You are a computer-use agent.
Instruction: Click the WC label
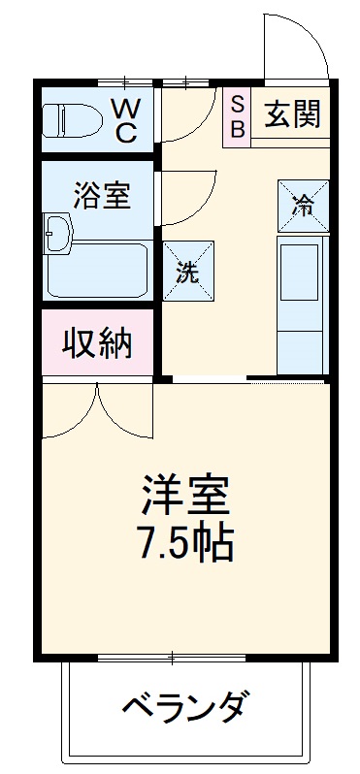(126, 118)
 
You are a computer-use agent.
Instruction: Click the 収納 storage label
(97, 343)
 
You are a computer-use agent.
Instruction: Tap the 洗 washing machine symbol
(187, 272)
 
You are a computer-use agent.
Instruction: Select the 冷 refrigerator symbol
(303, 206)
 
